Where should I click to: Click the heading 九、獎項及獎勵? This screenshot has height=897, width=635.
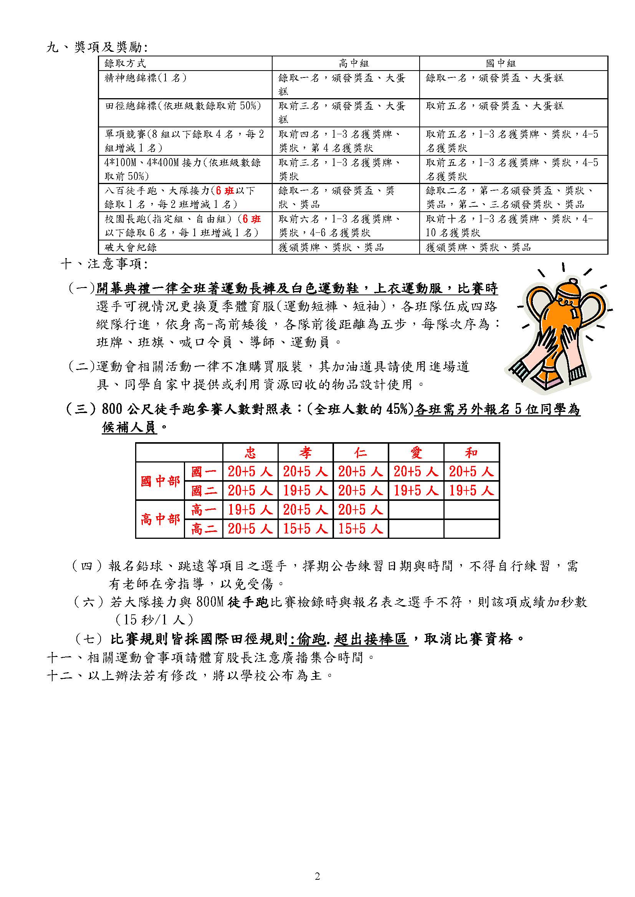[x=97, y=48]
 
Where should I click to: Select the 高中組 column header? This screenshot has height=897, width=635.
[x=354, y=63]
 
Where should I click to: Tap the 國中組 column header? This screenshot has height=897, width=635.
[x=501, y=63]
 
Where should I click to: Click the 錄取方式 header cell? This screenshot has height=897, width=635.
[x=125, y=63]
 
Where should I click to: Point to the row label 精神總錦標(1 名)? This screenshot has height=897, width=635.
[x=146, y=78]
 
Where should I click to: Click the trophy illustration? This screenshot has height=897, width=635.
[x=561, y=328]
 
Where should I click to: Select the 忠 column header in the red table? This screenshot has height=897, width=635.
[x=250, y=453]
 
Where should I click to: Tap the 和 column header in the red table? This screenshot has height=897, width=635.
[x=471, y=453]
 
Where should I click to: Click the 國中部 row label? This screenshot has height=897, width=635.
[x=160, y=481]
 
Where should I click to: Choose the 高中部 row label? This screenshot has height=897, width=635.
[x=160, y=519]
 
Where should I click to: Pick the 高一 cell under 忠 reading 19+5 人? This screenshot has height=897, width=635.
[x=250, y=510]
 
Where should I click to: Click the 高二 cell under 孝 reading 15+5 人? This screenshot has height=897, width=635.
[x=305, y=529]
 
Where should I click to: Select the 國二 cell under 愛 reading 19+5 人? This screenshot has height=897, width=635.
[x=416, y=491]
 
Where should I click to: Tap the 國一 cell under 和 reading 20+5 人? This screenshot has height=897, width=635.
[x=471, y=472]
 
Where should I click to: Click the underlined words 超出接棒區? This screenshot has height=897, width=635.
[x=371, y=639]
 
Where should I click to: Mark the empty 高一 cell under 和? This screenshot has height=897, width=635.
[x=471, y=510]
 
